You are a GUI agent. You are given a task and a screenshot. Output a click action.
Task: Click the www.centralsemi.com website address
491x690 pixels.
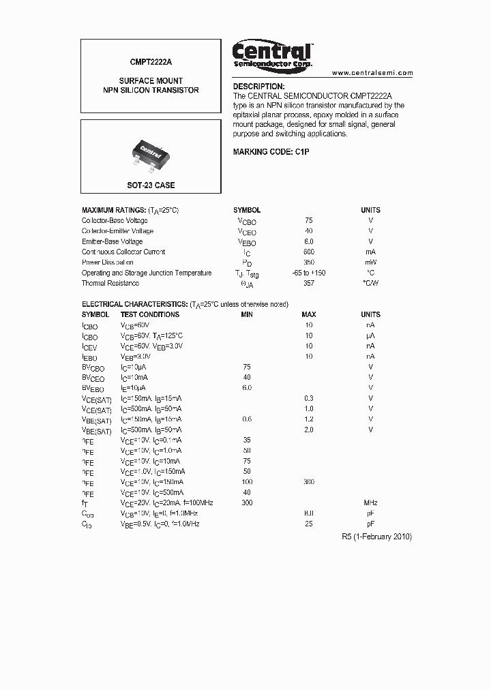pos(372,73)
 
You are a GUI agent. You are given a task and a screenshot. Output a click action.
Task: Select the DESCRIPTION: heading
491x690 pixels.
pos(258,87)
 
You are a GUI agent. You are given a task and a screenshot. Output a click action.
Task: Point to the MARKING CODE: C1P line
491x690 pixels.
pos(271,151)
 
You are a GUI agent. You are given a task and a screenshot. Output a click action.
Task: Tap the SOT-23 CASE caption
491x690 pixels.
pos(151,185)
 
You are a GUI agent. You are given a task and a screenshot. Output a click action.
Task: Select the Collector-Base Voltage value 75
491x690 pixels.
pos(309,221)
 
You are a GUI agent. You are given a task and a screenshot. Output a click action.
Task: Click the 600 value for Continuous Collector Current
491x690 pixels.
pos(309,252)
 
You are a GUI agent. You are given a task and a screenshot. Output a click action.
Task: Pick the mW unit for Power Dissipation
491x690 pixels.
pos(370,262)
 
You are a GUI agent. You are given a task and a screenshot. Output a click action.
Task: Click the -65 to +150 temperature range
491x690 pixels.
pos(308,273)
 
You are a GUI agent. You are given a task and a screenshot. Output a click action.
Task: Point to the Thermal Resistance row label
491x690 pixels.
pos(110,283)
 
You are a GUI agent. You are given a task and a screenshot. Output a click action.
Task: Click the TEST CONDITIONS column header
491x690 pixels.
pos(150,314)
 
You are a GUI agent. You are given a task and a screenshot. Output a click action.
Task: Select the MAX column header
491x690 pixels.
pos(309,314)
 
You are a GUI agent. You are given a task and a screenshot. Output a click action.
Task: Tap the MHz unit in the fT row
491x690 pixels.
pos(370,502)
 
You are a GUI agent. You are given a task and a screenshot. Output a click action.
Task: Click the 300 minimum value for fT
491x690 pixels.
pos(247,502)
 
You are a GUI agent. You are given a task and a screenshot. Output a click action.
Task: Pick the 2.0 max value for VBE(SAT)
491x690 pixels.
pos(309,430)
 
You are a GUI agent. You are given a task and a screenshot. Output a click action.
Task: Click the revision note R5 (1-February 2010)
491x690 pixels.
pos(376,537)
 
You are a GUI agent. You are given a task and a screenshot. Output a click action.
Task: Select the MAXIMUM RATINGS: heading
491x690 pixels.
pos(113,210)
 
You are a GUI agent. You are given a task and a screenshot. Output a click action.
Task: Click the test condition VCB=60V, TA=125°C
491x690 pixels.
pos(151,335)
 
